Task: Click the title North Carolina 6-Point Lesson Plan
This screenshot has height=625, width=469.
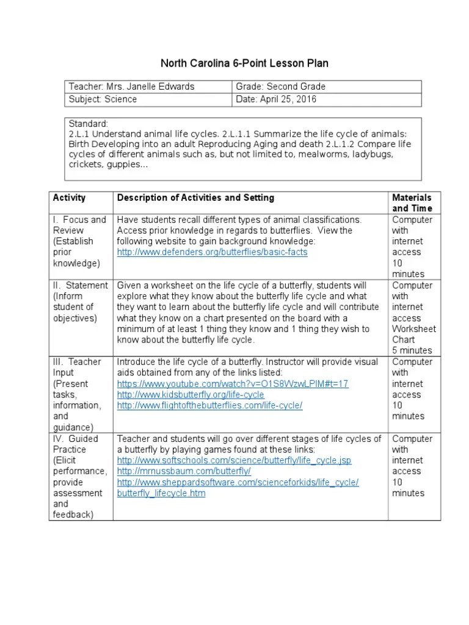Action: click(244, 63)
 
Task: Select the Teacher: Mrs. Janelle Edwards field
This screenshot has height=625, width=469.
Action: click(131, 87)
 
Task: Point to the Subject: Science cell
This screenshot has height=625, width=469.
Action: click(103, 99)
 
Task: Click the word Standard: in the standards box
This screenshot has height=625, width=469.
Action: click(89, 124)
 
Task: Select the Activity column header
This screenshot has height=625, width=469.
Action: click(70, 198)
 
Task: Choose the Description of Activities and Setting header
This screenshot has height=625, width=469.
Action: click(195, 198)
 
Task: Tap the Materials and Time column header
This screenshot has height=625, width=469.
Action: click(412, 203)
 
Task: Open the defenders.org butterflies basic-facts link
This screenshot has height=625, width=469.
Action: click(213, 252)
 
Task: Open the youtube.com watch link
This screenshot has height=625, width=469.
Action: click(233, 384)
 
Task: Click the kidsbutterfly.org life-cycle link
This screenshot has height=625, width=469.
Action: click(191, 395)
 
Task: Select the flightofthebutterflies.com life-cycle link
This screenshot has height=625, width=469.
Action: click(209, 406)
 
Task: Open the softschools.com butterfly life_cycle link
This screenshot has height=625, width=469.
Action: click(234, 461)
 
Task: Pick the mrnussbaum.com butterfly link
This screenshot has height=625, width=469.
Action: click(184, 472)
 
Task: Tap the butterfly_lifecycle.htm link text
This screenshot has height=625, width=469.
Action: click(161, 493)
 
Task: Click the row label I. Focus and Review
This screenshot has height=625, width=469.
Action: click(79, 225)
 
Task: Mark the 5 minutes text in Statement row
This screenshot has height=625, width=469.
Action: click(412, 350)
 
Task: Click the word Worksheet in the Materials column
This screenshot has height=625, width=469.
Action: click(413, 329)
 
